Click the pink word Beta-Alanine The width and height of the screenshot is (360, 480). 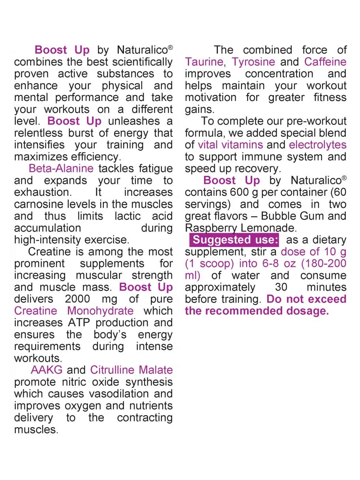(61, 169)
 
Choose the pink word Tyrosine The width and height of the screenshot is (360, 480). (253, 62)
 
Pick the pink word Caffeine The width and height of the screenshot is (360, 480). (325, 62)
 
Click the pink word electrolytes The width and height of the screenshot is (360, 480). (318, 145)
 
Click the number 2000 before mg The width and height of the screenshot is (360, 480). (77, 299)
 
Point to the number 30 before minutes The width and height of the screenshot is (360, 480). (281, 287)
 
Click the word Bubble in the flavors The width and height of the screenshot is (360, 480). (277, 216)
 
